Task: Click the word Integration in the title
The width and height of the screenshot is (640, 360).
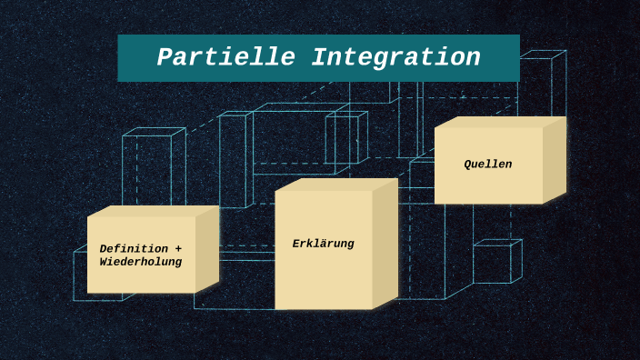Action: click(395, 58)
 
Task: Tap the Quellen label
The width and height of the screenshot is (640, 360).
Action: click(487, 165)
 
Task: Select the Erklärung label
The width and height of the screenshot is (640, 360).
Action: click(323, 244)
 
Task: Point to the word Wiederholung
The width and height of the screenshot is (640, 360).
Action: click(140, 263)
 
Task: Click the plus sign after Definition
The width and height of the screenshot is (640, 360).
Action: click(178, 249)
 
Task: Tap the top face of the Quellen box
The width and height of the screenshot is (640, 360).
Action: click(499, 122)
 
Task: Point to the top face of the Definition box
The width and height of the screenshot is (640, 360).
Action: click(152, 211)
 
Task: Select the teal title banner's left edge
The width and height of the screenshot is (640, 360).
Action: click(120, 58)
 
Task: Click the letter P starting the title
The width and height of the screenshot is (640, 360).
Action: click(165, 58)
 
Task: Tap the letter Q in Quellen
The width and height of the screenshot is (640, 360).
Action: click(468, 165)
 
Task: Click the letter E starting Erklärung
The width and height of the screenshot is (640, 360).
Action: click(296, 244)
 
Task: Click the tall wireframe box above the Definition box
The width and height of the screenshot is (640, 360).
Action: click(152, 168)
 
